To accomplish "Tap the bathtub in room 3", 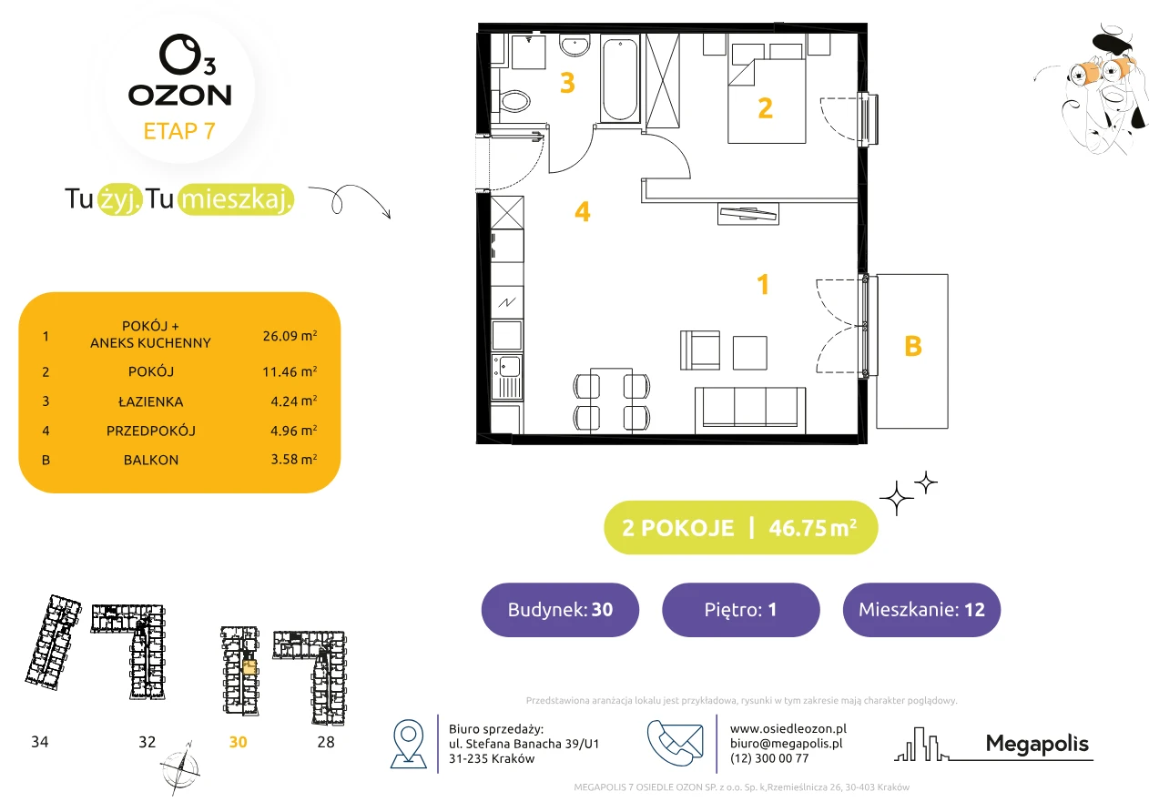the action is click(620, 79).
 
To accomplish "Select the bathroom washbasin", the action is click(574, 46).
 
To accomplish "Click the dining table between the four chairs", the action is click(611, 399).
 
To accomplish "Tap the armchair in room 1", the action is click(699, 350).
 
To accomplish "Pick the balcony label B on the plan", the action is click(913, 346).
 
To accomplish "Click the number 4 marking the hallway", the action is click(582, 211).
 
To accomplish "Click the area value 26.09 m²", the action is click(290, 336).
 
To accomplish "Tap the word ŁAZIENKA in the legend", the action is click(151, 401).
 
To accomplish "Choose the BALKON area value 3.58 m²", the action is click(294, 459).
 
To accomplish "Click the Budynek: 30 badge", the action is click(560, 609).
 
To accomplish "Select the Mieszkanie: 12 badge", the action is click(921, 609).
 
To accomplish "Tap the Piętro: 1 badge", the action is click(741, 609).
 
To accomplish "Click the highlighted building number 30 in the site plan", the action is click(238, 742).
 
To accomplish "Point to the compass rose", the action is click(179, 769).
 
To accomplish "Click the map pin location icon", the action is click(408, 743).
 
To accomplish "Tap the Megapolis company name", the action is click(1037, 743).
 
